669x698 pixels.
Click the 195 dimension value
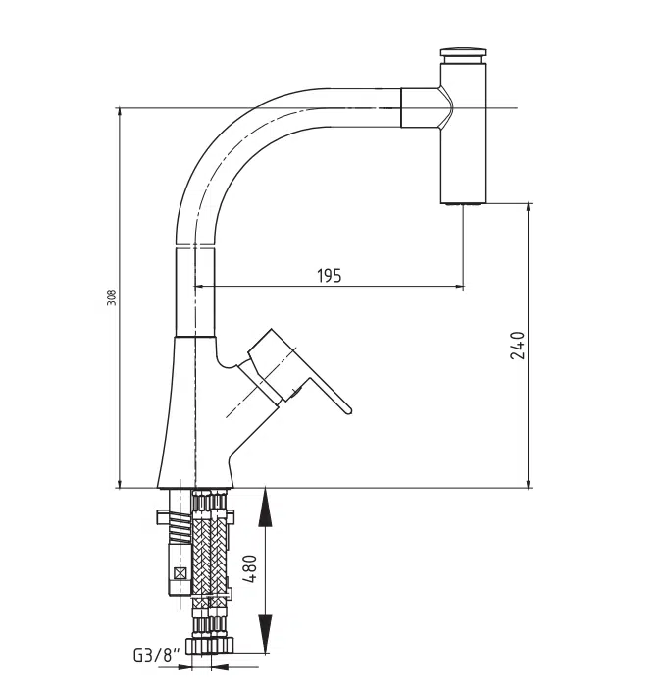[x=330, y=276]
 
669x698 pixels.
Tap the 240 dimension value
[x=517, y=345]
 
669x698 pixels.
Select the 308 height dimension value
[x=112, y=297]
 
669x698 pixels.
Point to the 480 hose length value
[x=250, y=569]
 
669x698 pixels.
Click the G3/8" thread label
[x=158, y=655]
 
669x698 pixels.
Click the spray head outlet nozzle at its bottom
[x=463, y=203]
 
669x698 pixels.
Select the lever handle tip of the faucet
[x=348, y=410]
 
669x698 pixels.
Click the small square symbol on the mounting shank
[x=180, y=573]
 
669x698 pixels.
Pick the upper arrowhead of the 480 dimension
[x=265, y=507]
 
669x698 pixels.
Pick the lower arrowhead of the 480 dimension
[x=265, y=633]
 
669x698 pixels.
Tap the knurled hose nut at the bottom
[x=210, y=645]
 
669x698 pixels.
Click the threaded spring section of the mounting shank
[x=180, y=527]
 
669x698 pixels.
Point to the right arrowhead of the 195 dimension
[x=458, y=287]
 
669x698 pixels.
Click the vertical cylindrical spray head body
[x=464, y=133]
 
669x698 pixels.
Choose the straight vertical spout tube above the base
[x=196, y=292]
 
